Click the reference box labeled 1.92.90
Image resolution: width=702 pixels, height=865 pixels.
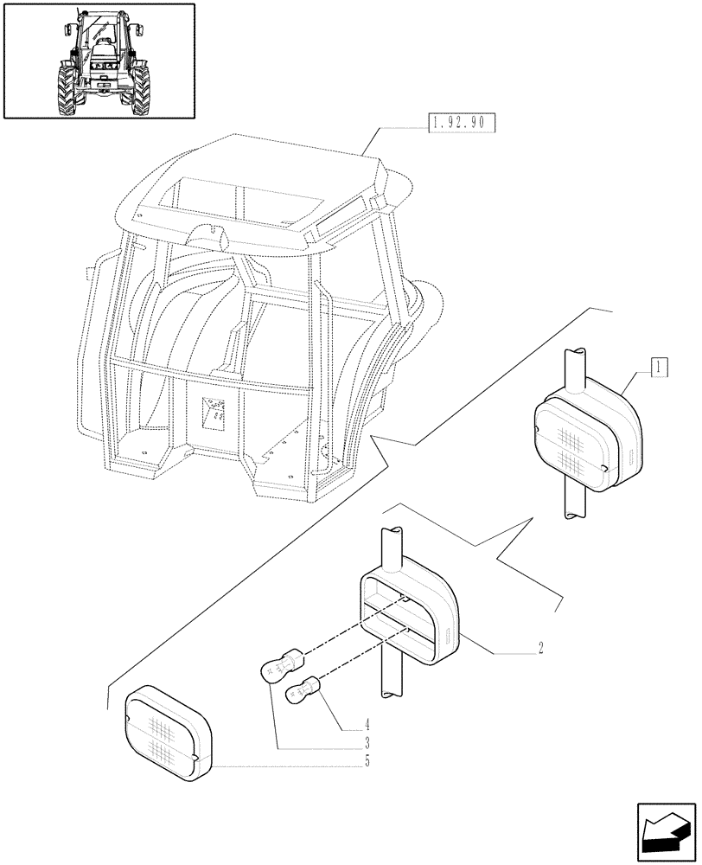(460, 124)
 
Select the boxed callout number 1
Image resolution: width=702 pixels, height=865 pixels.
(659, 367)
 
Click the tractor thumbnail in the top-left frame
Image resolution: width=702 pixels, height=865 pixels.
(98, 60)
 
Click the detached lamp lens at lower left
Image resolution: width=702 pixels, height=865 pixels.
(168, 727)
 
